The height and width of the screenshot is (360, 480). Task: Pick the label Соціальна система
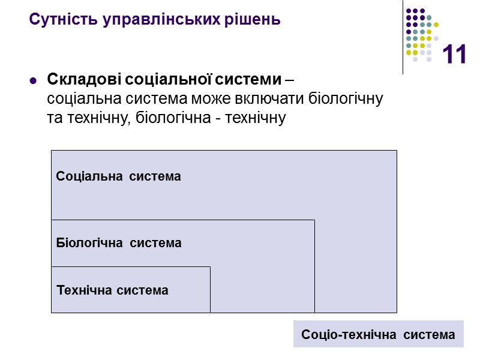click(118, 176)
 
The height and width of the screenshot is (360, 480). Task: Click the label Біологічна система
click(118, 243)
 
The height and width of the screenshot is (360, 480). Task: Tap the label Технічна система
click(112, 290)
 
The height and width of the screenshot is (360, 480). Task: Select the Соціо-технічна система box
click(378, 334)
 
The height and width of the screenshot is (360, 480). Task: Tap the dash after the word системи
click(290, 80)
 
